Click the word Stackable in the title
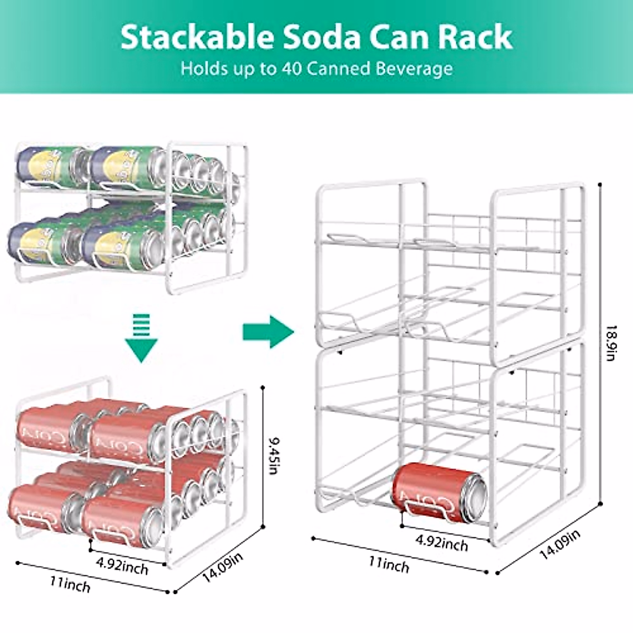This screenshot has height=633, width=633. pyautogui.click(x=197, y=37)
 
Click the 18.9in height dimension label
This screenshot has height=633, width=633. pyautogui.click(x=610, y=343)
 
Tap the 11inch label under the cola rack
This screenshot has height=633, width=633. pyautogui.click(x=70, y=584)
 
